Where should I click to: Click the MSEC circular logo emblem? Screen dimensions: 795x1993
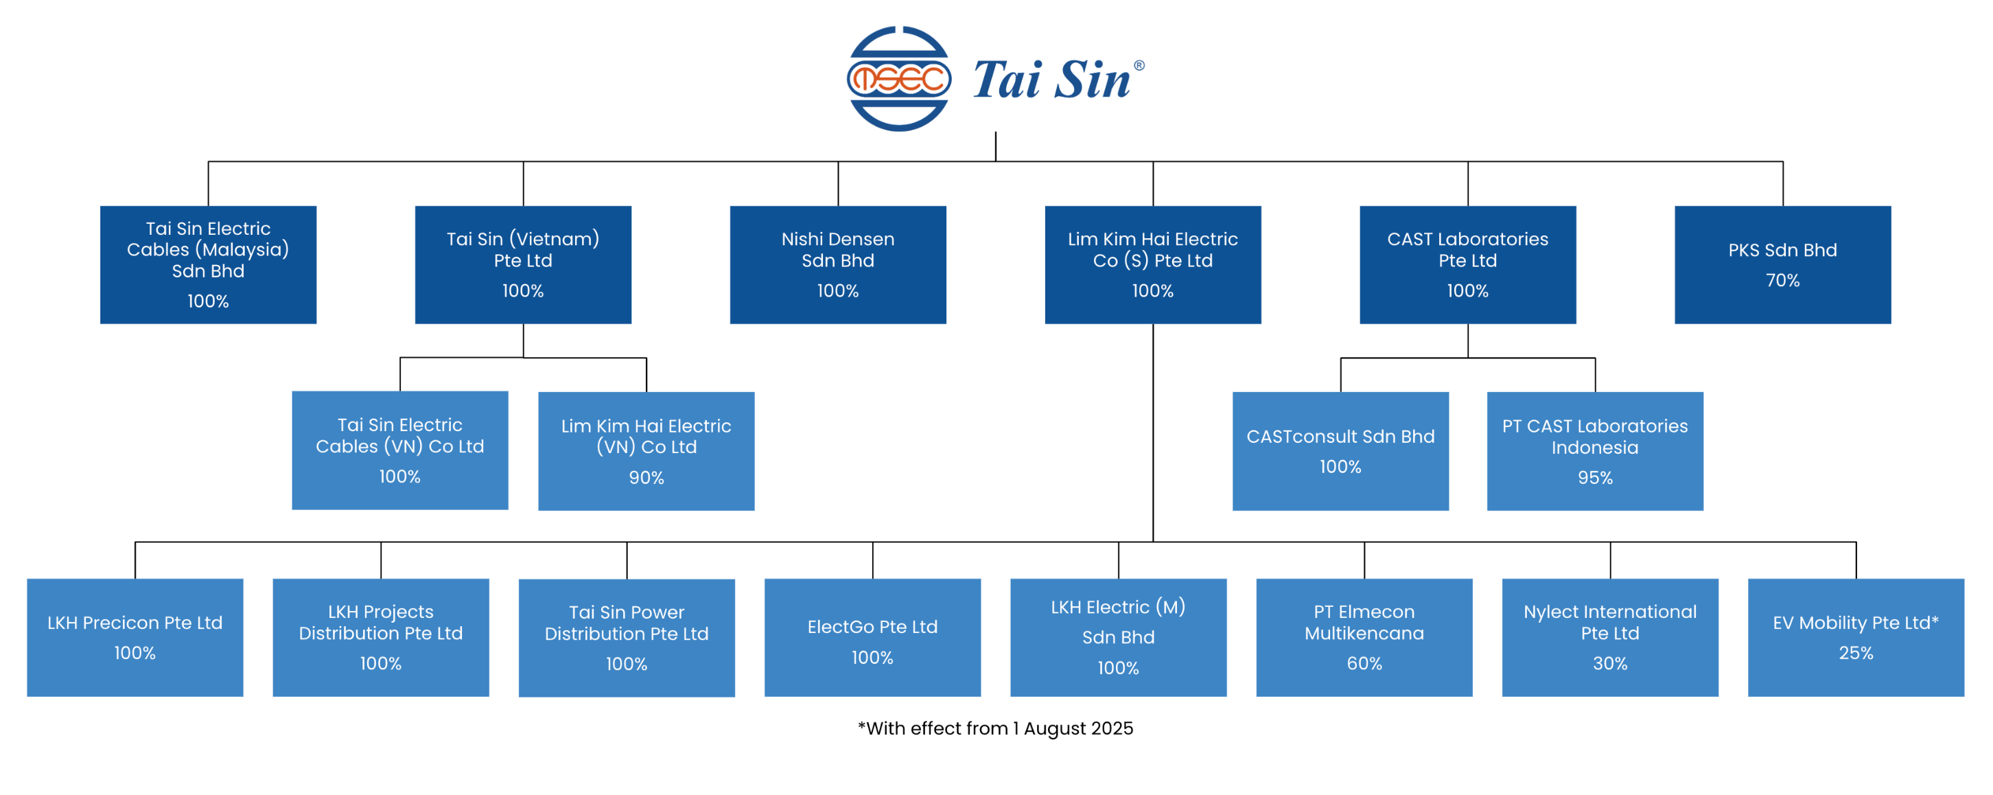pyautogui.click(x=898, y=79)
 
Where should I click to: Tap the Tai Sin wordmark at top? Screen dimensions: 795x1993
pyautogui.click(x=1052, y=80)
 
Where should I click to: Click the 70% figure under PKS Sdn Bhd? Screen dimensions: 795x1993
pyautogui.click(x=1782, y=280)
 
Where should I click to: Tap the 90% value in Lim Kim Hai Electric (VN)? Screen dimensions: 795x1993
pyautogui.click(x=646, y=478)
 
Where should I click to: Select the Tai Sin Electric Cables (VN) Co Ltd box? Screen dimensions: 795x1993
pyautogui.click(x=400, y=450)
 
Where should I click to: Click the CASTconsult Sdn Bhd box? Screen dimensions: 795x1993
pyautogui.click(x=1340, y=450)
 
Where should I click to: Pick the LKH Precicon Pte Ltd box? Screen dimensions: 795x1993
pyautogui.click(x=135, y=637)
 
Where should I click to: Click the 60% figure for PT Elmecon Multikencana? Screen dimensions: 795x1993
pyautogui.click(x=1364, y=663)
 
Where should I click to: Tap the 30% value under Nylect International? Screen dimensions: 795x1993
pyautogui.click(x=1609, y=663)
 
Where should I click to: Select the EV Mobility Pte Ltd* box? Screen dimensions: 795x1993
pyautogui.click(x=1855, y=637)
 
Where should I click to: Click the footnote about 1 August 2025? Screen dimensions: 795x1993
pyautogui.click(x=995, y=728)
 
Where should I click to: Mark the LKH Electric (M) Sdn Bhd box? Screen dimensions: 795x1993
pyautogui.click(x=1118, y=637)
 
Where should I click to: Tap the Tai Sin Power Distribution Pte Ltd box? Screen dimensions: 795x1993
pyautogui.click(x=626, y=637)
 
